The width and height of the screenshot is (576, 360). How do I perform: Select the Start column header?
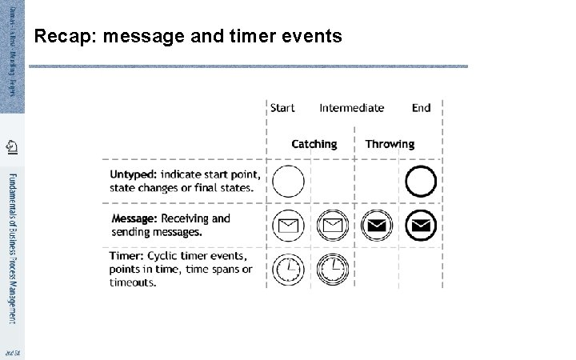282,108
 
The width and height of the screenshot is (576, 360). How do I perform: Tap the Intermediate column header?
351,108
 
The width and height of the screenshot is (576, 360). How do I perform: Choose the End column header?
421,108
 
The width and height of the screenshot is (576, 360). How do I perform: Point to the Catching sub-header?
314,144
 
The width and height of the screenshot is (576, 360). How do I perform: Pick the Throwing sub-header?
390,144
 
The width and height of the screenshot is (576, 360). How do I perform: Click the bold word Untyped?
133,174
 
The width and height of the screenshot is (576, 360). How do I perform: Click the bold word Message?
134,218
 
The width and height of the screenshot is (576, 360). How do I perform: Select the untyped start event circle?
288,181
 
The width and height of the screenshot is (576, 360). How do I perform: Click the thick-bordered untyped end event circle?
421,181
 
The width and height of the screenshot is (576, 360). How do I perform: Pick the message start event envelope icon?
288,225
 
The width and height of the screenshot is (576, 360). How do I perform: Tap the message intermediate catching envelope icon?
332,225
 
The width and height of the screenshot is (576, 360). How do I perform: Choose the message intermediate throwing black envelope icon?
376,225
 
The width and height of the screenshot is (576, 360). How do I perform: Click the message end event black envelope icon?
421,225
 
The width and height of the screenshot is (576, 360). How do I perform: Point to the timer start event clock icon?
288,269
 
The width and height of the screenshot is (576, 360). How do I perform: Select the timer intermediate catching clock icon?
332,269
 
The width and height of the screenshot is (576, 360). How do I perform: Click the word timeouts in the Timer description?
133,282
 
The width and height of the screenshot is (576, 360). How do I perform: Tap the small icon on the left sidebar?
11,146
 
